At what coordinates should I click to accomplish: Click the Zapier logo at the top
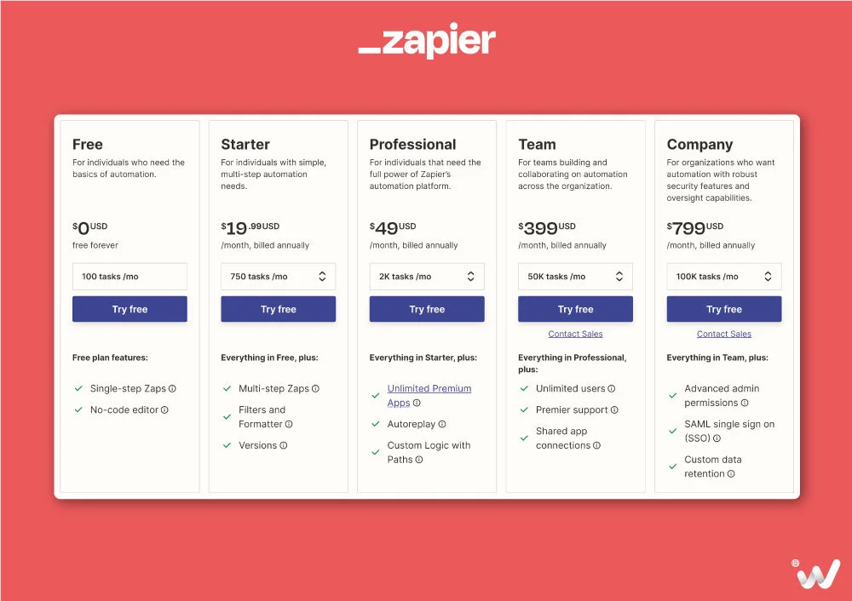(x=427, y=42)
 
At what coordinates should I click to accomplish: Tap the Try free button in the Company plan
(x=723, y=309)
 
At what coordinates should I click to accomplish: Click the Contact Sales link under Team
(x=575, y=335)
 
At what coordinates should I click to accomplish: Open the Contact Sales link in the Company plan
(x=723, y=335)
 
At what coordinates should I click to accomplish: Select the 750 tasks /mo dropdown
(x=278, y=277)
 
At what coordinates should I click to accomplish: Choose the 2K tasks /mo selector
(x=426, y=277)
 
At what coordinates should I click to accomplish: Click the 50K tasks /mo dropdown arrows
(x=619, y=277)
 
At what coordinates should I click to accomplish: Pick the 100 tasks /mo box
(x=130, y=277)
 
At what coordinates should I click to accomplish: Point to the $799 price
(x=688, y=228)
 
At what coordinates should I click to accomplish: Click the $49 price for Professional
(x=387, y=228)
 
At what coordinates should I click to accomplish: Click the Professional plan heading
(x=412, y=145)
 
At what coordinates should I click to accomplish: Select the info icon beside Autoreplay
(x=442, y=424)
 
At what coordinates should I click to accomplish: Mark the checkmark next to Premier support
(x=524, y=410)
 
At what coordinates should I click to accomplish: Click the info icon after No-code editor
(x=165, y=410)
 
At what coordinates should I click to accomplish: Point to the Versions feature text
(x=257, y=445)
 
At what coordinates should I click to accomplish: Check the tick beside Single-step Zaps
(x=78, y=389)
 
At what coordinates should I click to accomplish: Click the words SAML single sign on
(x=729, y=424)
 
